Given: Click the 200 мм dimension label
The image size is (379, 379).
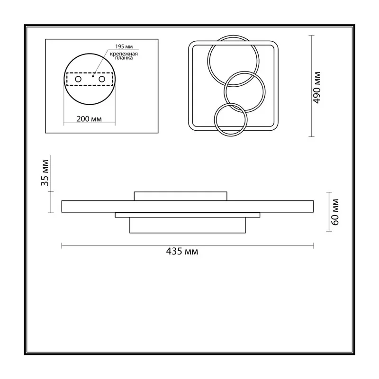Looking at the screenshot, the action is point(89,119).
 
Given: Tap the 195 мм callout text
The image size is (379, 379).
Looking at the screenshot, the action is point(124,46).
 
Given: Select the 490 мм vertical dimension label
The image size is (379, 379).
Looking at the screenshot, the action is point(317,88).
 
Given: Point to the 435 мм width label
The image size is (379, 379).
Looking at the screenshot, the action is point(182,252).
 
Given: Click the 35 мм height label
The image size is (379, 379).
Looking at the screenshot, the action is point(45,173).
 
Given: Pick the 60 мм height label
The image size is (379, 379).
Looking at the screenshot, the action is point(335,212).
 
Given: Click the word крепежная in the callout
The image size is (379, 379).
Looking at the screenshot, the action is point(124,54).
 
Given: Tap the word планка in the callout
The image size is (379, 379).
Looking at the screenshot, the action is point(124,58).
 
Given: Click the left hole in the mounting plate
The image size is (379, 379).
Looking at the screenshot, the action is point(78,79).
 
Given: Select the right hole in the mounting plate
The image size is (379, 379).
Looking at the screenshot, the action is point(102,79).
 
